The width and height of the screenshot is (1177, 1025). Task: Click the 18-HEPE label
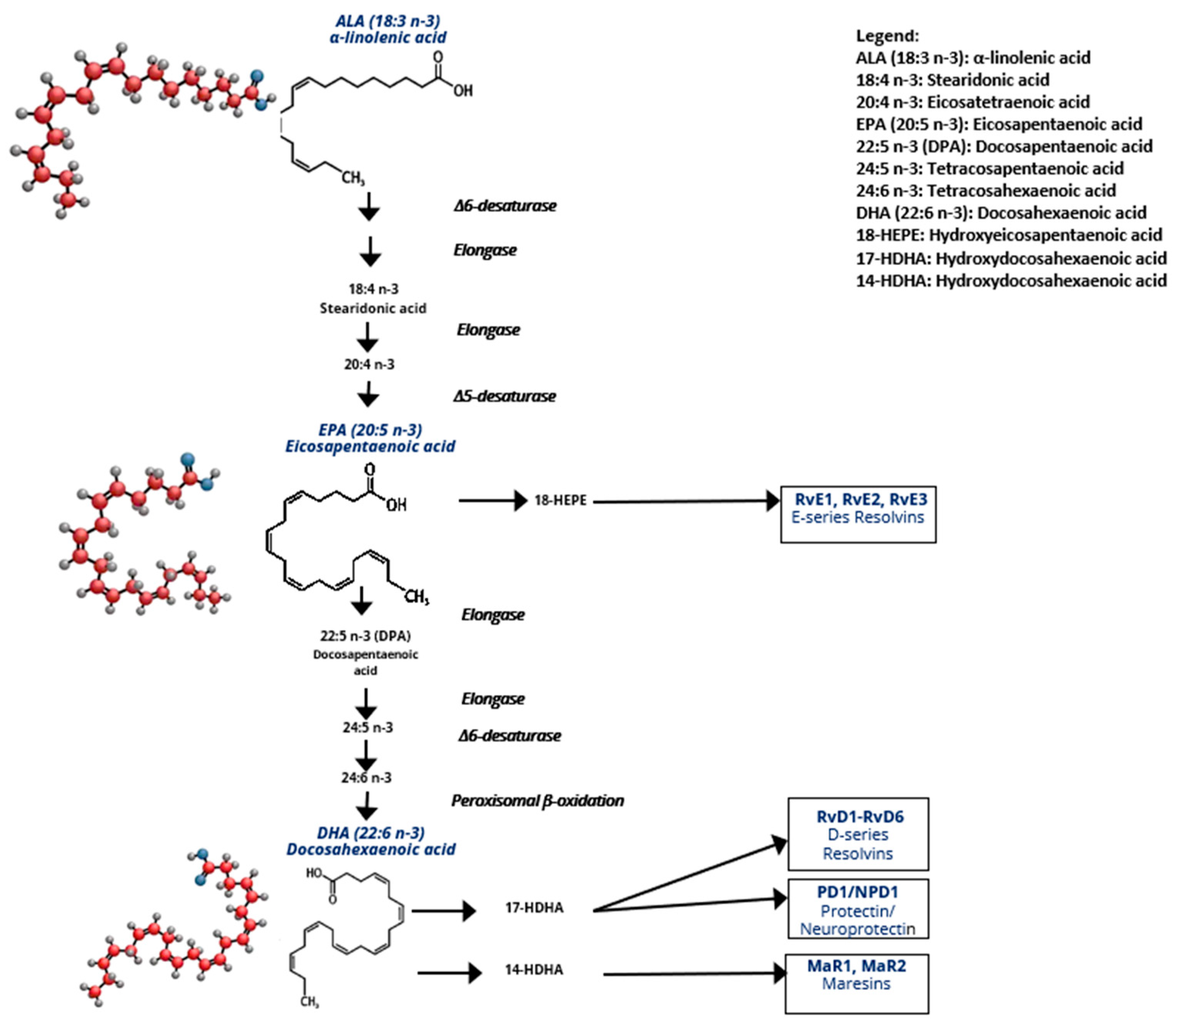pyautogui.click(x=560, y=501)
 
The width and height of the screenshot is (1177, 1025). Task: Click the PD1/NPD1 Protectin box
pyautogui.click(x=858, y=909)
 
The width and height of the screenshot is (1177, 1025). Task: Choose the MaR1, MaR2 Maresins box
pyautogui.click(x=857, y=983)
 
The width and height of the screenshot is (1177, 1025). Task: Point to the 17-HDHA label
pyautogui.click(x=534, y=908)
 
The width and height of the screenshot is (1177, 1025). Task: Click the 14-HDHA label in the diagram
pyautogui.click(x=534, y=969)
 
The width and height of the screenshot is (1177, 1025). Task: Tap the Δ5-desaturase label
pyautogui.click(x=504, y=396)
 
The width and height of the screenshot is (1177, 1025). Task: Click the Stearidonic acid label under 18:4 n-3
pyautogui.click(x=373, y=308)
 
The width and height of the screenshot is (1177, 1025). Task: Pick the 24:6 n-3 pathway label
pyautogui.click(x=367, y=777)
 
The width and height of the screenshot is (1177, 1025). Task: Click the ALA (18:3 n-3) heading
pyautogui.click(x=388, y=22)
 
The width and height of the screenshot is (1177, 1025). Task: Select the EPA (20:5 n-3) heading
pyautogui.click(x=370, y=430)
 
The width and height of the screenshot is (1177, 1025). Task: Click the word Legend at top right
pyautogui.click(x=887, y=35)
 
